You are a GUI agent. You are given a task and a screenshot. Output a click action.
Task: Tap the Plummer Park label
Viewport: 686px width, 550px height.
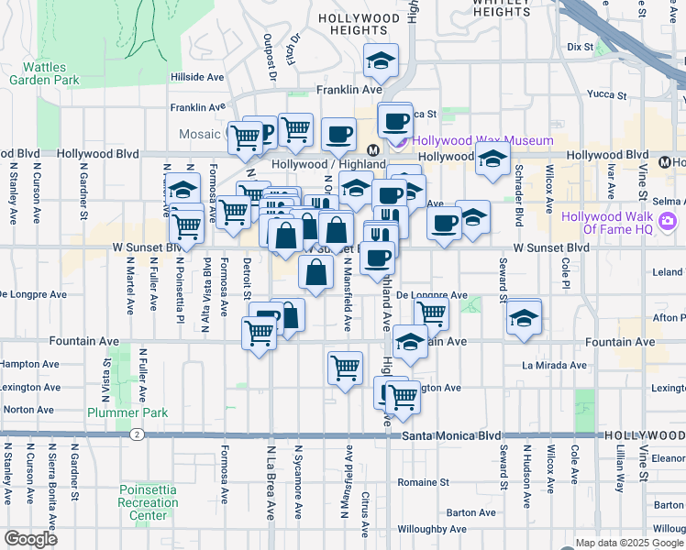127,412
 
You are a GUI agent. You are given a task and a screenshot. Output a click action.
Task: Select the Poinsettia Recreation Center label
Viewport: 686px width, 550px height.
149,501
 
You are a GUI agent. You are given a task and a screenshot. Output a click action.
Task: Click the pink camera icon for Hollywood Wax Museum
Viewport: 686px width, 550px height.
400,141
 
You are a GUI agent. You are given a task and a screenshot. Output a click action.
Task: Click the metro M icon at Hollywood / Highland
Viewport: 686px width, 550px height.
373,149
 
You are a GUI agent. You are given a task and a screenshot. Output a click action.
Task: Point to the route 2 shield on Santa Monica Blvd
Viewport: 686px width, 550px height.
137,434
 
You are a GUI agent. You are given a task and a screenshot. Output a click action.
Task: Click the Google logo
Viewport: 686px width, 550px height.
31,539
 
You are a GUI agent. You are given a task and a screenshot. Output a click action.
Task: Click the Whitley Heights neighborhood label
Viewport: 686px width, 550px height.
500,7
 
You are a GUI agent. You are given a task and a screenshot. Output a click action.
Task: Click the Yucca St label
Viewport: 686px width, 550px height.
607,94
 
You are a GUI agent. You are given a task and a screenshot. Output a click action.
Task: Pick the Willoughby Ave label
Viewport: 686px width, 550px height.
433,529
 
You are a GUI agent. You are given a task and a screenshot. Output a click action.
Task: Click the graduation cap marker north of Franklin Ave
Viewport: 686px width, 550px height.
382,61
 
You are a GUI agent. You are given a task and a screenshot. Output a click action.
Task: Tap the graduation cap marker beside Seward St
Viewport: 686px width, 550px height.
524,318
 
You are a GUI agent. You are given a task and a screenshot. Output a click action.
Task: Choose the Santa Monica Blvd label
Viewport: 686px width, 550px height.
455,436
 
